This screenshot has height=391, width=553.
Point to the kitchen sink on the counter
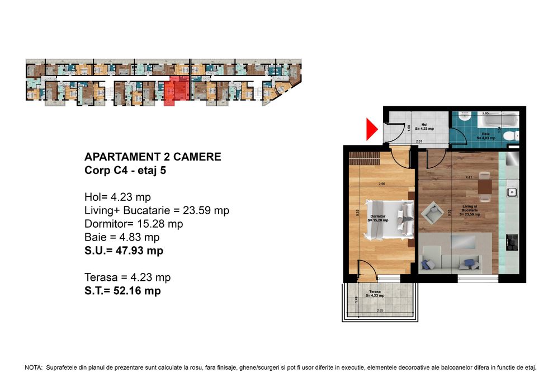(x=512, y=192)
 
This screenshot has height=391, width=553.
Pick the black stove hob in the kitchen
(x=512, y=242)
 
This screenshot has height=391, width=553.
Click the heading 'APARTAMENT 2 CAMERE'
(x=152, y=157)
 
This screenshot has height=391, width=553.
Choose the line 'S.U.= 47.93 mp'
(x=124, y=251)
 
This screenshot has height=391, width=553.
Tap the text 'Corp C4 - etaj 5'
(x=125, y=171)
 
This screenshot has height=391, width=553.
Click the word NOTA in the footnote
(x=33, y=368)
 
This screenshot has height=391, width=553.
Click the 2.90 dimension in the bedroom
(x=381, y=183)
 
